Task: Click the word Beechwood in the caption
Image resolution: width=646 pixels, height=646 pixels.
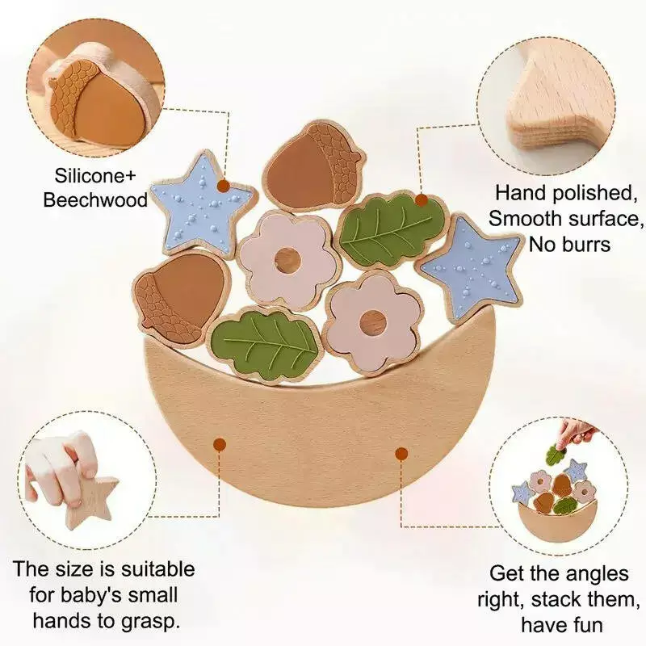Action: click(x=95, y=200)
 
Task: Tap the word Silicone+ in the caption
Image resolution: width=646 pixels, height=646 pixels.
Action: click(x=95, y=176)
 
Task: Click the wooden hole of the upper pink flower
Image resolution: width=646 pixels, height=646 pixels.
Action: click(x=287, y=259)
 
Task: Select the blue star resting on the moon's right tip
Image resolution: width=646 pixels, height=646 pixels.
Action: click(x=470, y=267)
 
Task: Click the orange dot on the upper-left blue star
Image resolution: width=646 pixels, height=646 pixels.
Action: click(x=224, y=186)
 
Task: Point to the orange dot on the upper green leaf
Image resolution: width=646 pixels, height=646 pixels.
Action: click(x=421, y=200)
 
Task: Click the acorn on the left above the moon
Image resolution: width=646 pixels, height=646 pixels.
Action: click(x=180, y=296)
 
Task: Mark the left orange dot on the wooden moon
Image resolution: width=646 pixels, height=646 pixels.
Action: click(x=220, y=445)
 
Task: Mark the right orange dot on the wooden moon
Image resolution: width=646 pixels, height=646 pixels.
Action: click(x=401, y=454)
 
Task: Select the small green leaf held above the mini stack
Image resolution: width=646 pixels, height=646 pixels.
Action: click(x=557, y=455)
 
